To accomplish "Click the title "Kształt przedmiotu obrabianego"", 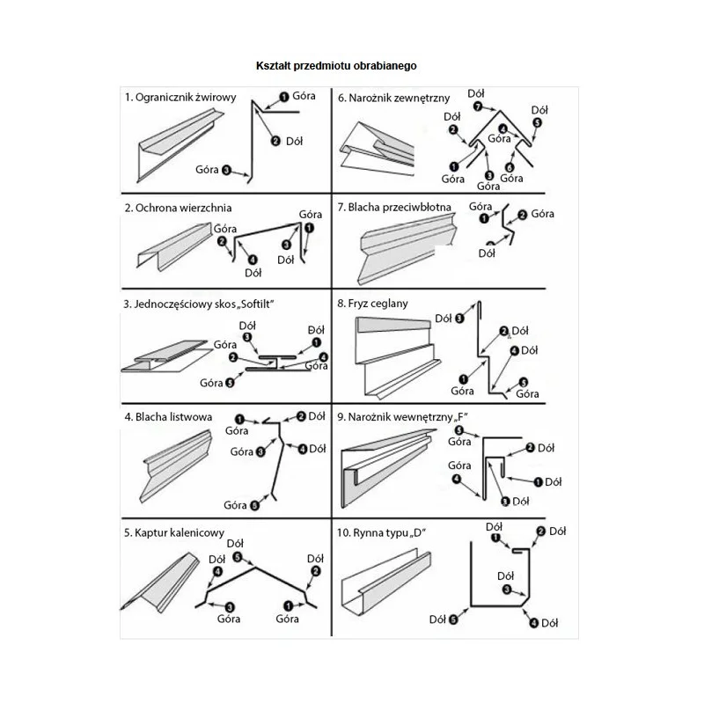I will [x=335, y=66].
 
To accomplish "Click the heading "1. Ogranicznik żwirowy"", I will [x=180, y=97].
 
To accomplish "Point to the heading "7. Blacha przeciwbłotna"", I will [x=394, y=208].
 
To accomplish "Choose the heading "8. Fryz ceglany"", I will [x=372, y=303].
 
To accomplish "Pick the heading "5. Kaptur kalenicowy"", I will [x=175, y=532].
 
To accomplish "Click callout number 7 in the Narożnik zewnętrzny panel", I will [x=477, y=106].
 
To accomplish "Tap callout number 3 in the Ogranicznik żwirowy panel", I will [x=226, y=170].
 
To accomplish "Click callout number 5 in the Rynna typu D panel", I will [x=452, y=620].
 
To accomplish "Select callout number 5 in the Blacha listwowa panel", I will [x=254, y=505].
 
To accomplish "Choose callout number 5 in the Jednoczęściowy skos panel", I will [x=230, y=382].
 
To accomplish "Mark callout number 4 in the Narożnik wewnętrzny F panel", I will [x=457, y=479].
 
